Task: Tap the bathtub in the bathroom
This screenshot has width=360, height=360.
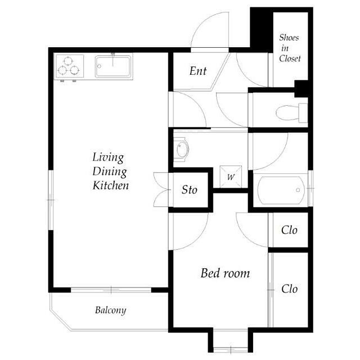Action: [x=281, y=190]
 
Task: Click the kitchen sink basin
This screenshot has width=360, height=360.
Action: [x=114, y=66]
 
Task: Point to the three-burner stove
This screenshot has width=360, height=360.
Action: [x=69, y=66]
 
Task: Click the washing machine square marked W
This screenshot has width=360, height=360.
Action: [x=231, y=177]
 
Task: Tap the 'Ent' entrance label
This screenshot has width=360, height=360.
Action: [x=198, y=71]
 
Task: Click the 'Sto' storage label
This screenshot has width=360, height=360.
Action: [x=189, y=190]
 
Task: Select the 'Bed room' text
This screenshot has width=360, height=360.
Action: [x=225, y=273]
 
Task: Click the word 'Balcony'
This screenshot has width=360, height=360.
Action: [x=111, y=310]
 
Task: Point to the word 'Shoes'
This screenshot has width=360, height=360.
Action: [x=289, y=38]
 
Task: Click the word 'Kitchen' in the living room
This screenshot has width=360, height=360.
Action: [x=110, y=186]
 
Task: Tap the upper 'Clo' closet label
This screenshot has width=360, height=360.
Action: [x=289, y=230]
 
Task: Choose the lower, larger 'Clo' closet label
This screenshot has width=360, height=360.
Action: [x=289, y=289]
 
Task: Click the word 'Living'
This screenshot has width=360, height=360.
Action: [x=108, y=158]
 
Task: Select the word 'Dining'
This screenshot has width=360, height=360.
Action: [x=110, y=172]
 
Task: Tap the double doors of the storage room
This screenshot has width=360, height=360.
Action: [x=161, y=190]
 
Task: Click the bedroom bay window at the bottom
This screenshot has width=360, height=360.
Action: [x=231, y=350]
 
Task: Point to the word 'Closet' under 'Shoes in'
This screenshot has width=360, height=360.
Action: [x=290, y=58]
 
